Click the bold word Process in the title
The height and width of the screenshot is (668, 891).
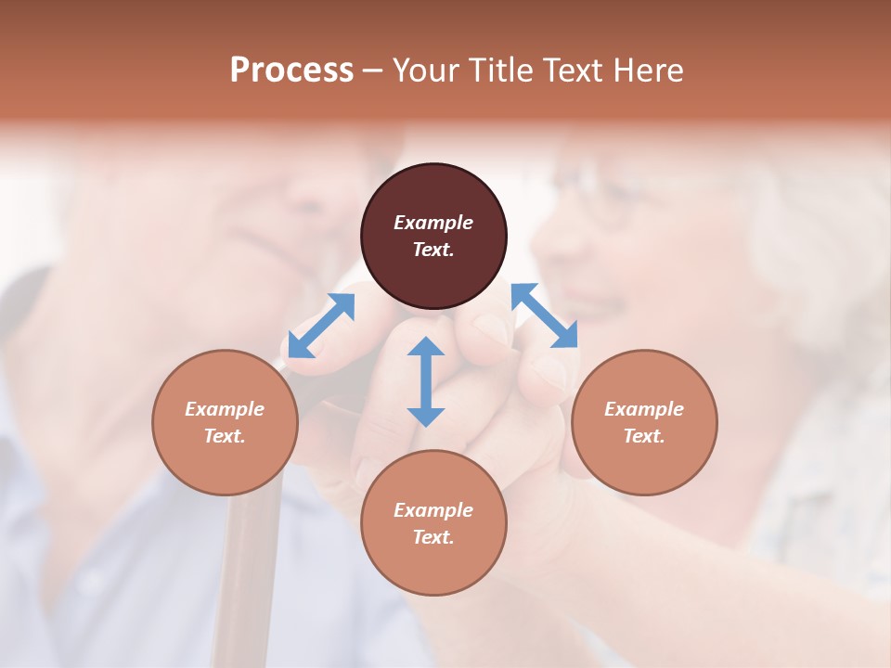[291, 71]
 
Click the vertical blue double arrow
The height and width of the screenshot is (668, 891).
[426, 381]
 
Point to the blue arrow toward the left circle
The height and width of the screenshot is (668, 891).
[321, 325]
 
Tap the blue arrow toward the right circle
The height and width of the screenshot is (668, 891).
[545, 315]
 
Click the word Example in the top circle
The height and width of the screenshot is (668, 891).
[433, 223]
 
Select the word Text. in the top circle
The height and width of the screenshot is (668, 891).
[433, 250]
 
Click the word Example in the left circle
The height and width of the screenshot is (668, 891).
[225, 409]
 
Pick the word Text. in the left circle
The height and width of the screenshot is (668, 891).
[225, 436]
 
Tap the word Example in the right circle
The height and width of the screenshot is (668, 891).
[644, 409]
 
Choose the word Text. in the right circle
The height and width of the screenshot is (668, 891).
[644, 436]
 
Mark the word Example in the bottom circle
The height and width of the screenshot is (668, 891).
[433, 510]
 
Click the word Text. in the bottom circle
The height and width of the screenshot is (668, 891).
[433, 537]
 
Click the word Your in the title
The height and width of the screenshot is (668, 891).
[423, 71]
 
